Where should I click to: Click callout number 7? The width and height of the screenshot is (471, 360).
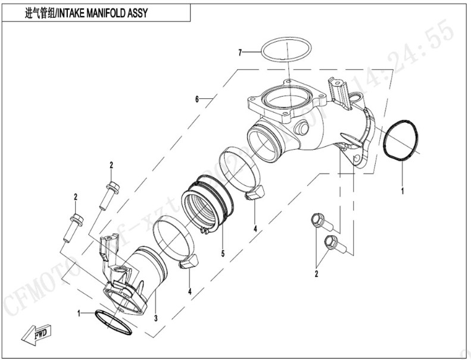(241, 53)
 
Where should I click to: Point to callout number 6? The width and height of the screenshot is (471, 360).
(197, 97)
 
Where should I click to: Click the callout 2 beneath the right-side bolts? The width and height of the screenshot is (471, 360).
(316, 274)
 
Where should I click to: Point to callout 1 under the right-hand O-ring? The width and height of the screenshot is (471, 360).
(403, 191)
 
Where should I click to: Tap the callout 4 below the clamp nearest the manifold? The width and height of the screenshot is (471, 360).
(254, 228)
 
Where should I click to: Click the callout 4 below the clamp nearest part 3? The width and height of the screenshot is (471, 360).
(189, 291)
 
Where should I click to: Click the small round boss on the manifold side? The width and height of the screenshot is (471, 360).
(301, 128)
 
